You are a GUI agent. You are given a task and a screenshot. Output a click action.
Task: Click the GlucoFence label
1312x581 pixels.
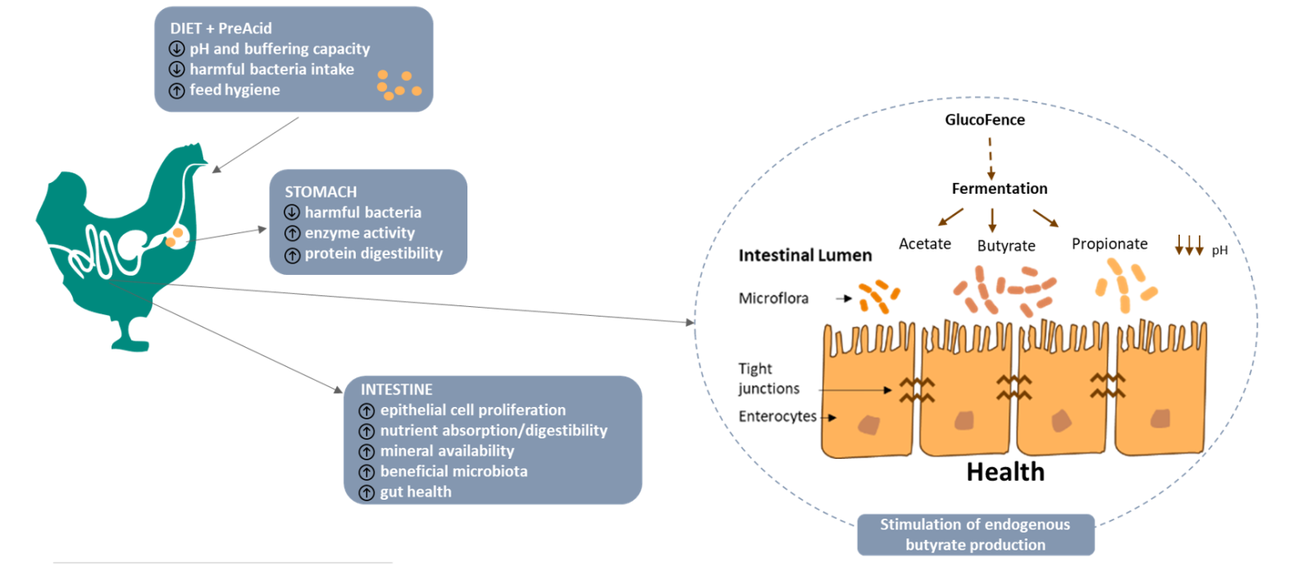click(984, 120)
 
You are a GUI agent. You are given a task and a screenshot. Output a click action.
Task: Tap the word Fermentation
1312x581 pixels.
click(999, 189)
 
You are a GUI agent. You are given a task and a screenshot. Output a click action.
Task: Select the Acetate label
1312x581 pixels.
click(924, 244)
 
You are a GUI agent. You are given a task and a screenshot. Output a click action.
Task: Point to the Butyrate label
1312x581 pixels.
click(1005, 245)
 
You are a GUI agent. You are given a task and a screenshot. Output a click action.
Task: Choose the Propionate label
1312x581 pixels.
click(1109, 244)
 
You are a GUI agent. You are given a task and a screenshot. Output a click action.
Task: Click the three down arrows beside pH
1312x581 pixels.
click(1188, 245)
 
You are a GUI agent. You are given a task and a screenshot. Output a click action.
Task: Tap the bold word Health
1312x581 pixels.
click(1004, 472)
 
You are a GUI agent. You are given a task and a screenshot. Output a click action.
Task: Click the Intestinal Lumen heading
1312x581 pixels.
click(804, 255)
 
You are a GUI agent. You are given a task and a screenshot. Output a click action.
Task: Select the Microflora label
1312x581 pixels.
click(772, 298)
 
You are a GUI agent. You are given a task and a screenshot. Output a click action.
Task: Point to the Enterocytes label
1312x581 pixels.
click(777, 416)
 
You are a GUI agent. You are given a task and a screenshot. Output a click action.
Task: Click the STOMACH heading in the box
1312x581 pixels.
click(321, 192)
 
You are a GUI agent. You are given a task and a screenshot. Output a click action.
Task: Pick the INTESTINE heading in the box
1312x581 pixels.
click(396, 390)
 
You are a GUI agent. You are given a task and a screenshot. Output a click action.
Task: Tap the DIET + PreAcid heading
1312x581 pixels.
click(221, 28)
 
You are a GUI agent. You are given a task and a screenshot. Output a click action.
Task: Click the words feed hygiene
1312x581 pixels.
click(235, 90)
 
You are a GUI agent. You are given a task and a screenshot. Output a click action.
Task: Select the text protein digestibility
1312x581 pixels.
click(373, 254)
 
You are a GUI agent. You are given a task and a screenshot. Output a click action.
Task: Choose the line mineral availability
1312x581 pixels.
click(447, 451)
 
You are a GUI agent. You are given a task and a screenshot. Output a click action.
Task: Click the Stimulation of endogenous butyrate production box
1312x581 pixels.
click(975, 534)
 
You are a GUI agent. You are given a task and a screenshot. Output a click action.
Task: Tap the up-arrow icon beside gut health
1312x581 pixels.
click(367, 492)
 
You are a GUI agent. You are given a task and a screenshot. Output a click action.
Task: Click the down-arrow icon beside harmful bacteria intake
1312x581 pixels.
click(176, 70)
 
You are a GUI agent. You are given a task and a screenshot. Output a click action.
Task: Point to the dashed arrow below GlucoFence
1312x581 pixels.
click(991, 158)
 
